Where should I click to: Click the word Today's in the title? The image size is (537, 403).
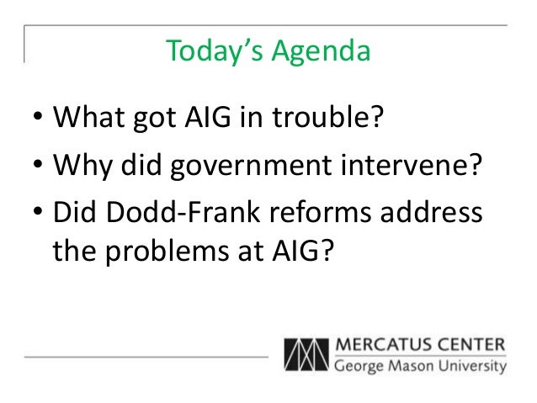(214, 52)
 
